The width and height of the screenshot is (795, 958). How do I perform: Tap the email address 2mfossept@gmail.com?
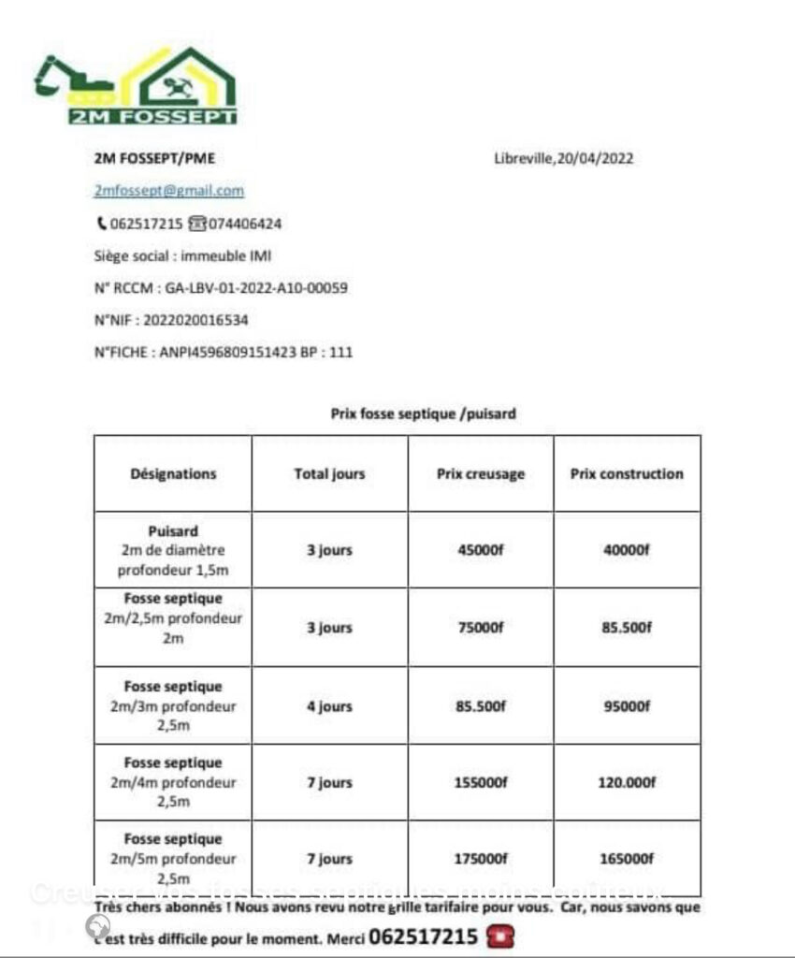pyautogui.click(x=169, y=191)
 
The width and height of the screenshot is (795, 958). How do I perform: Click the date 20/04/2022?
pyautogui.click(x=594, y=158)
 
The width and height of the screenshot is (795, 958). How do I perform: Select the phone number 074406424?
pyautogui.click(x=245, y=224)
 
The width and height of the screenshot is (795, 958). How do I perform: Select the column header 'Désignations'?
pyautogui.click(x=173, y=473)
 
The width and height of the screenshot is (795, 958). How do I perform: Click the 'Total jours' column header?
pyautogui.click(x=329, y=473)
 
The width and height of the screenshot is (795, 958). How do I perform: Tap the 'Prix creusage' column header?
pyautogui.click(x=481, y=473)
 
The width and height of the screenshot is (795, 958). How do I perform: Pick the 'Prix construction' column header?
pyautogui.click(x=627, y=473)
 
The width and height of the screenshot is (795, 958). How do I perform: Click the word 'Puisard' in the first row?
pyautogui.click(x=173, y=530)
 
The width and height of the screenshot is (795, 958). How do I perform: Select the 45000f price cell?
pyautogui.click(x=481, y=550)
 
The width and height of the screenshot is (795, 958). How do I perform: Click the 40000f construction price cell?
pyautogui.click(x=627, y=550)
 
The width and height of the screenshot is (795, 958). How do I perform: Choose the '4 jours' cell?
pyautogui.click(x=329, y=706)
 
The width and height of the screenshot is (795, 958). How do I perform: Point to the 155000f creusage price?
pyautogui.click(x=481, y=782)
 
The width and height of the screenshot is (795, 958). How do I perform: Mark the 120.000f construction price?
pyautogui.click(x=627, y=782)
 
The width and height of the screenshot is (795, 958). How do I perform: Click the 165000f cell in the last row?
pyautogui.click(x=627, y=859)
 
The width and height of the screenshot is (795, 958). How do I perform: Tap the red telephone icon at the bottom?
pyautogui.click(x=501, y=936)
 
